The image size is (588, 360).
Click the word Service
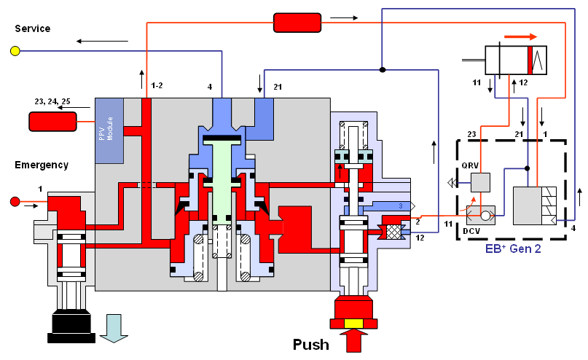point(33,28)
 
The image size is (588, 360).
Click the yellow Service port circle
point(15,51)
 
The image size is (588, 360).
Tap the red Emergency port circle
point(14,202)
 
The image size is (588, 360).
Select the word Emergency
point(42,165)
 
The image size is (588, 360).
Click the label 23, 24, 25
point(52,102)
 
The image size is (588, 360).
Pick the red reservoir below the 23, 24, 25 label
point(52,122)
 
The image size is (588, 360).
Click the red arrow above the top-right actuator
point(520,36)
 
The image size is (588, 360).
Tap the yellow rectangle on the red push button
point(355,323)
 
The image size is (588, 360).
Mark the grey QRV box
point(480,183)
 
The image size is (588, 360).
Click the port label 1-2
point(157,86)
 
